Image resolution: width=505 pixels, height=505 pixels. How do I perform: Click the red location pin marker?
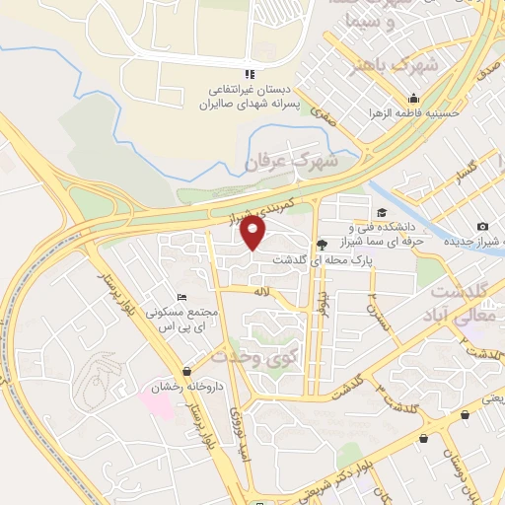(254, 233)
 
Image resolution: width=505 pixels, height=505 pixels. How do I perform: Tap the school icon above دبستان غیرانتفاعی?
(250, 74)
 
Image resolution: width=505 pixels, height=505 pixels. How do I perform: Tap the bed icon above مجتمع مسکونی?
(180, 297)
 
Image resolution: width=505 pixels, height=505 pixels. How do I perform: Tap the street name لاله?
(258, 292)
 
